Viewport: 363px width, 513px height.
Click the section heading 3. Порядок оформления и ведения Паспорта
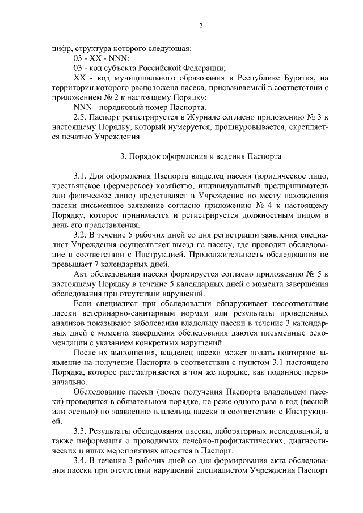pos(200,156)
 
